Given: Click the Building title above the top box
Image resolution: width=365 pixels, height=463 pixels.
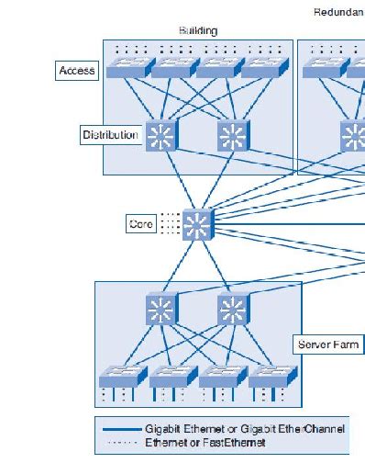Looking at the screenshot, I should click(x=197, y=30).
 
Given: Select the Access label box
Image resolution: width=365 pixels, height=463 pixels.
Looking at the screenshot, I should click(x=77, y=71).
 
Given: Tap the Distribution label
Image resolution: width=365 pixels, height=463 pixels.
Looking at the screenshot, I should click(x=111, y=135).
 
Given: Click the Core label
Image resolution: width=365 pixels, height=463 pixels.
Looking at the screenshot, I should click(x=141, y=223).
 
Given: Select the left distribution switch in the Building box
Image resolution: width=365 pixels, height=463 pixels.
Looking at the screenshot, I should click(x=161, y=136).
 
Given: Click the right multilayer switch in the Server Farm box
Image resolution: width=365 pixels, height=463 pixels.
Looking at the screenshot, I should click(x=233, y=308).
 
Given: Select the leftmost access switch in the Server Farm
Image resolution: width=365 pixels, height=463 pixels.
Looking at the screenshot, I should click(x=122, y=376).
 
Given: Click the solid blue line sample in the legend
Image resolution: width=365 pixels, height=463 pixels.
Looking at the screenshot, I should click(x=121, y=429).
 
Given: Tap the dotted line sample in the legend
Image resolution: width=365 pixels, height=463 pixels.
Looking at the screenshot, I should click(x=121, y=442).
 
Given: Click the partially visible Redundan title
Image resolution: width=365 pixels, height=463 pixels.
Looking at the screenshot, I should click(x=338, y=13).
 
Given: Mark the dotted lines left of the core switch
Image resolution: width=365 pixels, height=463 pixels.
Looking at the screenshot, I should click(x=171, y=223).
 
